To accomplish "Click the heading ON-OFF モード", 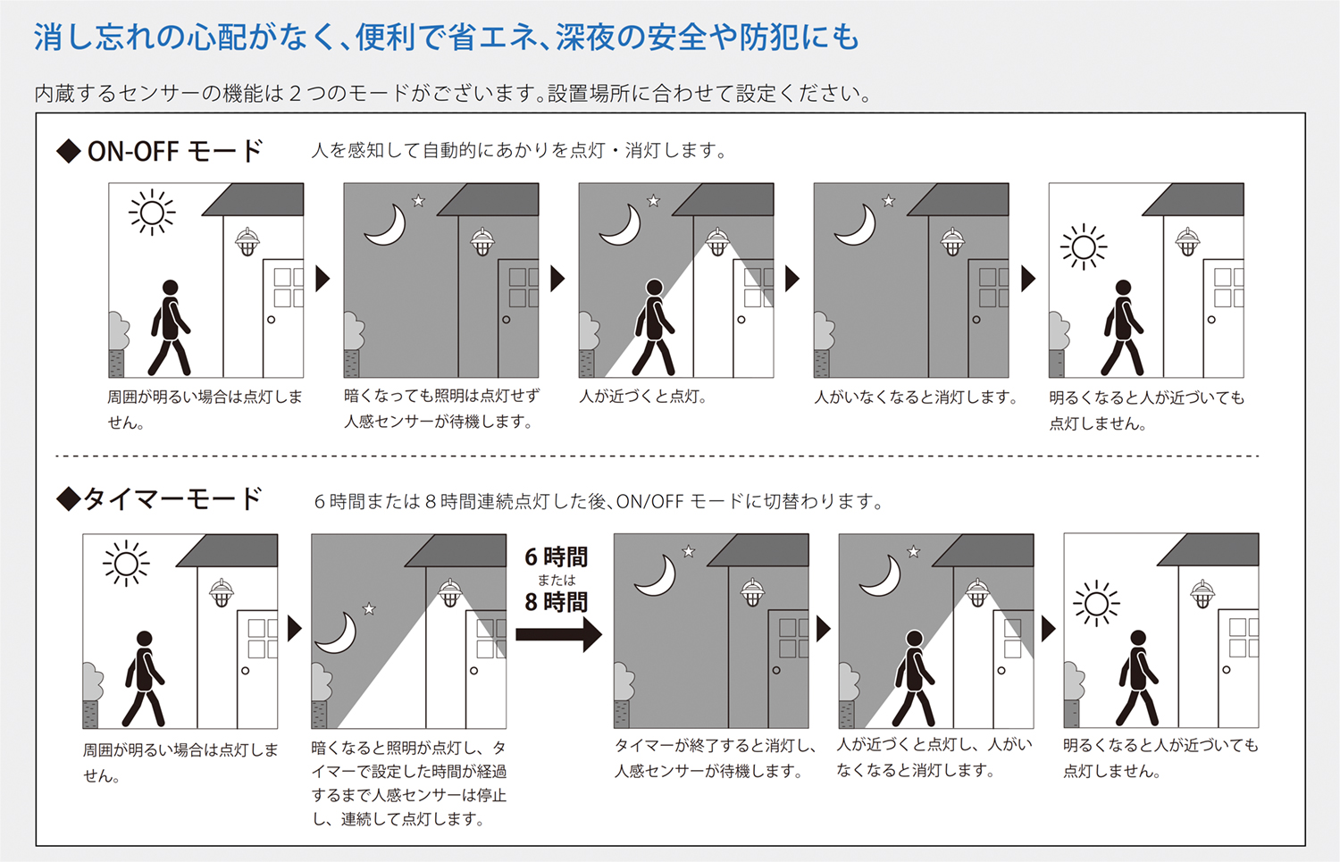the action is pos(175,151).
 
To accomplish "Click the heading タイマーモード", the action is pos(172,499).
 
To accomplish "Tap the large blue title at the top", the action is pos(447,38).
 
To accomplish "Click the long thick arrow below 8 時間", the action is pos(558,634).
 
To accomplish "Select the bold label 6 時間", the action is pos(557,557).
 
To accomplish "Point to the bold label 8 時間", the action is pos(557,602).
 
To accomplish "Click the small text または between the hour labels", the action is pos(557,580).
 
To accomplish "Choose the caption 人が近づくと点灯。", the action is pos(644,397).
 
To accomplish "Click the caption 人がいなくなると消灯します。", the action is pos(916,397).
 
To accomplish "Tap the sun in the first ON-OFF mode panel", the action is pos(152,213).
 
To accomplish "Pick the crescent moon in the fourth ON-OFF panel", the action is pos(857,225).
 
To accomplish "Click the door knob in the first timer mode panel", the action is pos(246,671).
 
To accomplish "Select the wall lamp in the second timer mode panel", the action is pos(450,593).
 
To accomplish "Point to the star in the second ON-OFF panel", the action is pos(419,200).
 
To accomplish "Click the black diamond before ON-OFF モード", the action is pos(69,151).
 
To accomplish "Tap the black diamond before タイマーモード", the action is pos(68,499).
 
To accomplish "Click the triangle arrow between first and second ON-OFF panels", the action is pos(322,279).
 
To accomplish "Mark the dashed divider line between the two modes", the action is pos(657,456).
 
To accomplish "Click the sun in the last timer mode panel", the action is pos(1096,604).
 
